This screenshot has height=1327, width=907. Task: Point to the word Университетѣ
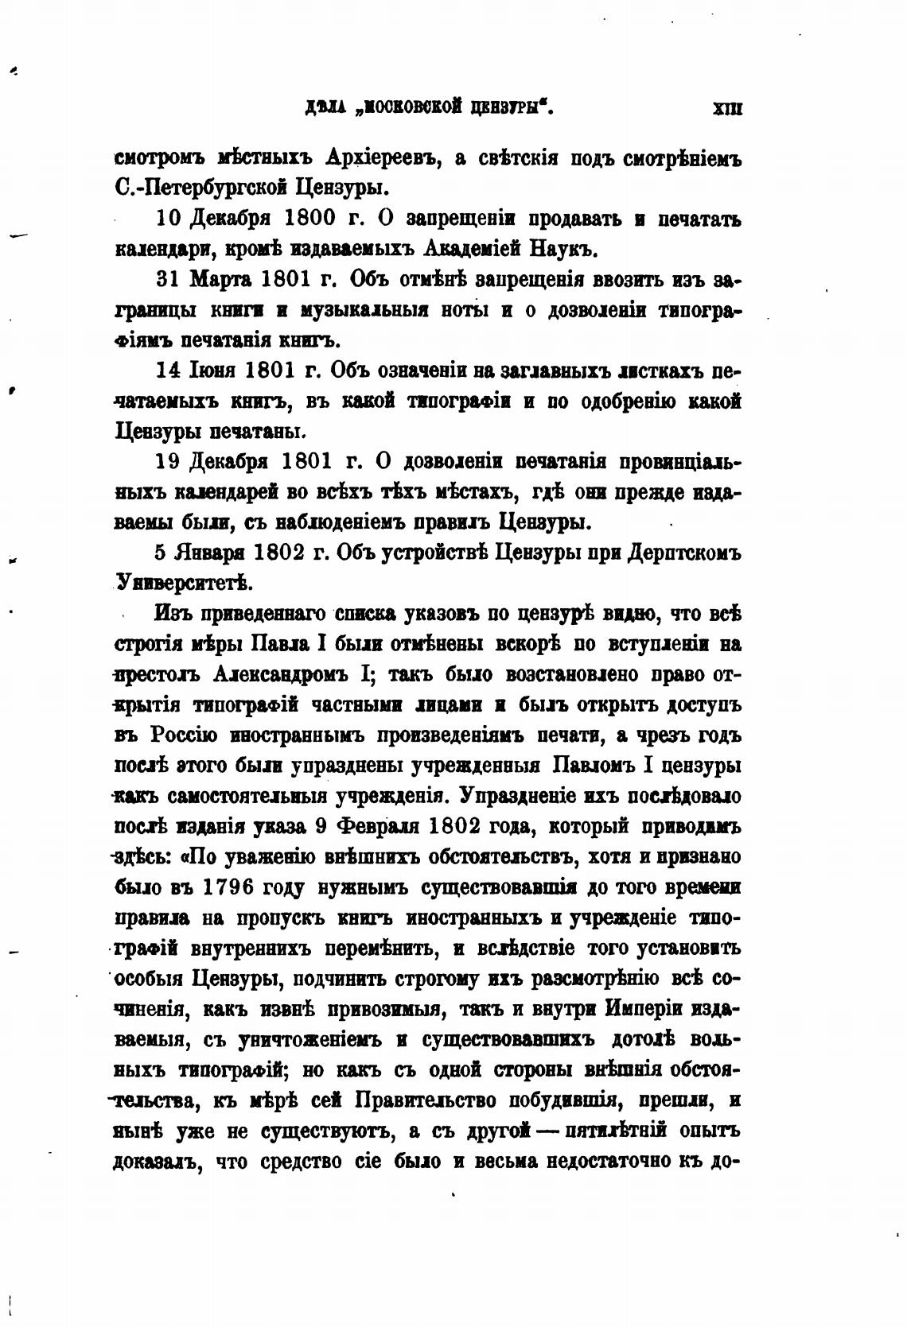tap(185, 583)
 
